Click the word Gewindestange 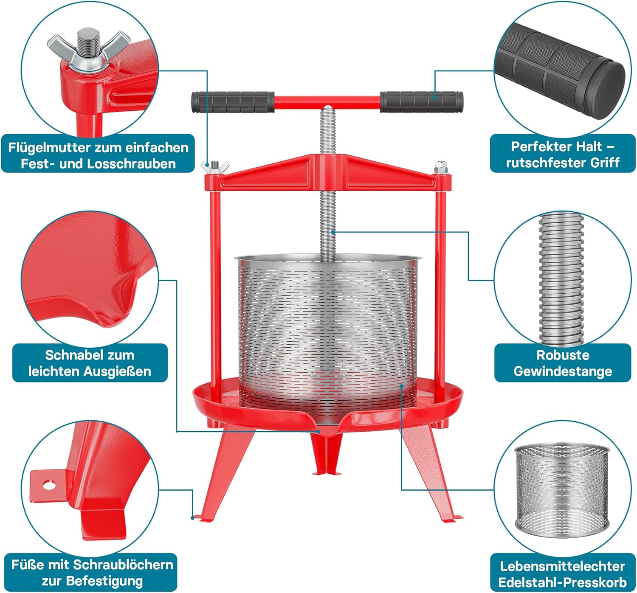pyautogui.click(x=563, y=371)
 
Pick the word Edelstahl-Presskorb pyautogui.click(x=562, y=582)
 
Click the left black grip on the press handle pyautogui.click(x=233, y=102)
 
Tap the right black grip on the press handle pyautogui.click(x=421, y=102)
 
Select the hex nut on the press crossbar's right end pyautogui.click(x=441, y=167)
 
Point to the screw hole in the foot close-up pyautogui.click(x=49, y=485)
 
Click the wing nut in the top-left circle pyautogui.click(x=89, y=50)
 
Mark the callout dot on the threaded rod pyautogui.click(x=333, y=232)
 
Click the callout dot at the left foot pyautogui.click(x=193, y=517)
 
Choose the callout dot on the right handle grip pyautogui.click(x=435, y=98)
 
